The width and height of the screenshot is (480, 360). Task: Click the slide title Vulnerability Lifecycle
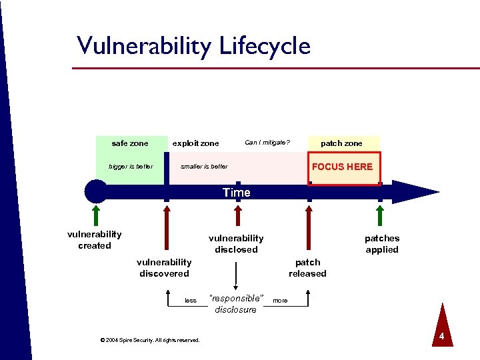(193, 46)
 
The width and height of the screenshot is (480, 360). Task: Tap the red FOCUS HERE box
(343, 167)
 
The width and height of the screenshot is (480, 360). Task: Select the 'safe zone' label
(130, 143)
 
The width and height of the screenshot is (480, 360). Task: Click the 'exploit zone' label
(195, 143)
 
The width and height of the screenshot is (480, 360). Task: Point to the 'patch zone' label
(341, 143)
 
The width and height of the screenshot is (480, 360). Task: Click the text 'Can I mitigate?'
(267, 142)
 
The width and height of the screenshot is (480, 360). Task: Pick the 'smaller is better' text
(204, 167)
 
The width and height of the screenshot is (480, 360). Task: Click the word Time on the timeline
(237, 193)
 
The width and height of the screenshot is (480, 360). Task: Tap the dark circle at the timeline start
(96, 191)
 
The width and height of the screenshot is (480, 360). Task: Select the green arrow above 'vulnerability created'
(96, 215)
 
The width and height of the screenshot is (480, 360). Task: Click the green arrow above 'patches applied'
(380, 217)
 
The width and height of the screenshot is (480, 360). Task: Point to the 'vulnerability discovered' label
(164, 268)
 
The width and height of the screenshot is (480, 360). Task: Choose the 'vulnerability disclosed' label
(236, 244)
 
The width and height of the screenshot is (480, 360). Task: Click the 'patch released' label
(307, 268)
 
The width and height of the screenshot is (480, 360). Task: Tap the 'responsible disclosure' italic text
(236, 303)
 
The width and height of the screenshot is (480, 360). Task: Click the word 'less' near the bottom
(191, 301)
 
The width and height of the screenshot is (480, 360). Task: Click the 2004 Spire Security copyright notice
(149, 340)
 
